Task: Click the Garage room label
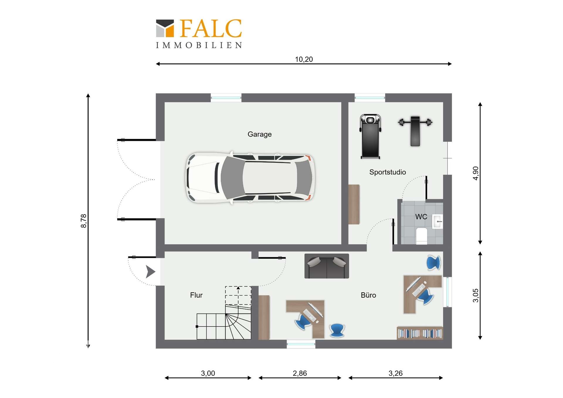(x=260, y=134)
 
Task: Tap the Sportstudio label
(x=387, y=172)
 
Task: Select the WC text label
(x=421, y=217)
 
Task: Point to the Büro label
(x=368, y=295)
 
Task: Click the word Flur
(x=196, y=295)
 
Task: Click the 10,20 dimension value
(x=304, y=59)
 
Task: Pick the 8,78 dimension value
(x=84, y=221)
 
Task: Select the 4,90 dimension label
(x=476, y=173)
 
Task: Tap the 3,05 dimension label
(x=476, y=295)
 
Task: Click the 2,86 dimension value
(x=300, y=373)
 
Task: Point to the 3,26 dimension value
(x=396, y=373)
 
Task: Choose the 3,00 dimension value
(x=208, y=373)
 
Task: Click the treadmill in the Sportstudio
(x=370, y=137)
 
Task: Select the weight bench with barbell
(x=415, y=131)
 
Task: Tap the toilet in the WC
(x=422, y=236)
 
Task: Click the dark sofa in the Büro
(x=327, y=266)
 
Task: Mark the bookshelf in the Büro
(x=420, y=333)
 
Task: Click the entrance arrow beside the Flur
(x=150, y=272)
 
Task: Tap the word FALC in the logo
(x=211, y=28)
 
